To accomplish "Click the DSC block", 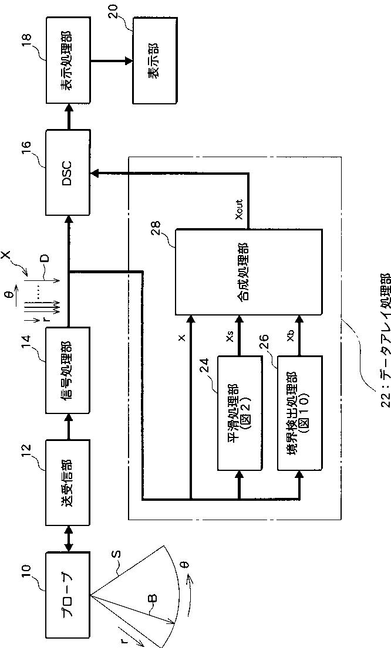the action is tap(68, 173).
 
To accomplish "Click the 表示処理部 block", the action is tap(68, 60).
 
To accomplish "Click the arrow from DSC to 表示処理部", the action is tap(69, 117).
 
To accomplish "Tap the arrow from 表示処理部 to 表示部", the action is tap(112, 60).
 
